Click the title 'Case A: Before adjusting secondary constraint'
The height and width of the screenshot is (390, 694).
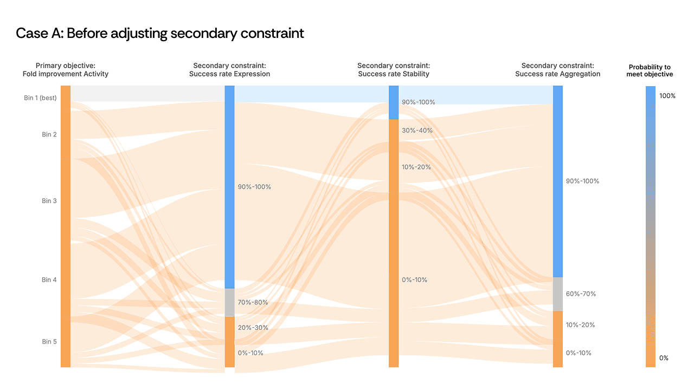coord(160,34)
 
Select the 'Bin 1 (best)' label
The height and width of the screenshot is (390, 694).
coord(40,98)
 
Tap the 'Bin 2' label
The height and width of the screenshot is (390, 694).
coord(49,134)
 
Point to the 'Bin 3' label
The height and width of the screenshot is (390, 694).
coord(49,201)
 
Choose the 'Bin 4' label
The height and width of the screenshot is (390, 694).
coord(49,280)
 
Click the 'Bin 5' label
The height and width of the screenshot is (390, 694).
coord(49,342)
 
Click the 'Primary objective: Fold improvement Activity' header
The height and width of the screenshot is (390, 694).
coord(66,70)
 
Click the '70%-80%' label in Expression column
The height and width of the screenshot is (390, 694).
coord(253,302)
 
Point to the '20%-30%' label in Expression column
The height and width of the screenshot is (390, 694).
coord(253,328)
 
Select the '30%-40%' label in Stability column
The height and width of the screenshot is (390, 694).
coord(417,131)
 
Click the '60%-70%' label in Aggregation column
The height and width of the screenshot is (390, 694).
coord(581,294)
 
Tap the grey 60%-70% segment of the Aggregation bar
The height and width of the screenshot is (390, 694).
coord(558,294)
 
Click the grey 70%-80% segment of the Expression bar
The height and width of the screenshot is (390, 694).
coord(230,302)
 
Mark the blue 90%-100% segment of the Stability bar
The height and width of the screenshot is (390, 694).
coord(394,102)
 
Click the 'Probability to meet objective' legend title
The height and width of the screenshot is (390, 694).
coord(651,71)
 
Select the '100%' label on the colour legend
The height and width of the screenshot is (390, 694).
coord(667,96)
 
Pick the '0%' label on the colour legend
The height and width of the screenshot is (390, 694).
coord(664,358)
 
